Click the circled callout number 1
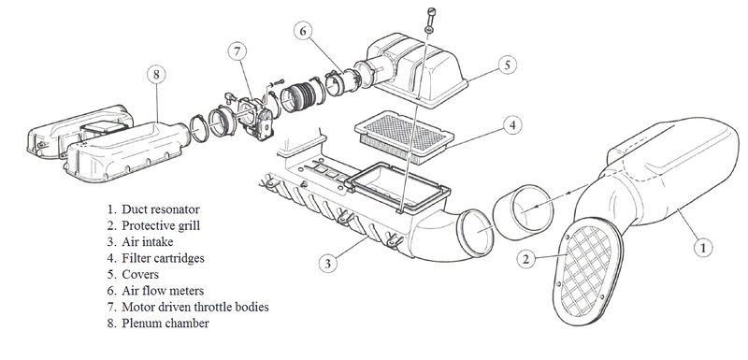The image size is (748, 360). click(x=702, y=247)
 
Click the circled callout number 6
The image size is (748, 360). click(x=303, y=31)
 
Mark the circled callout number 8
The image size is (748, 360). click(x=155, y=73)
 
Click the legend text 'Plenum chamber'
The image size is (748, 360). click(x=166, y=324)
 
